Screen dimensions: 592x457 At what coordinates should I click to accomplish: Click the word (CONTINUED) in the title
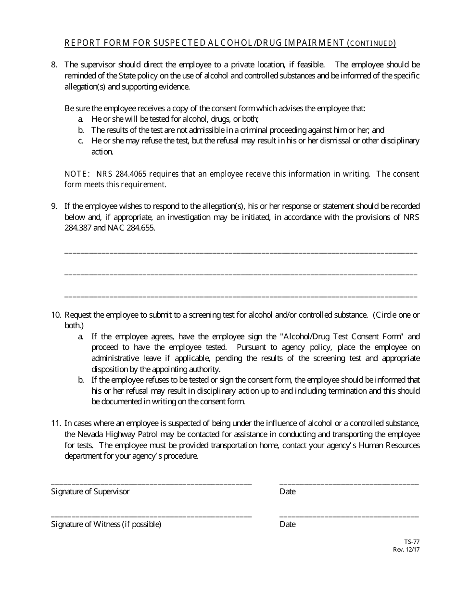[x=372, y=44]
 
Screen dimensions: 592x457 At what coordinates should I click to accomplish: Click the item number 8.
[x=54, y=64]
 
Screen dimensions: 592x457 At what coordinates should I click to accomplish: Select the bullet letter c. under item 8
[x=81, y=141]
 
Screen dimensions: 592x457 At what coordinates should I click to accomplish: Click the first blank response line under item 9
[x=241, y=252]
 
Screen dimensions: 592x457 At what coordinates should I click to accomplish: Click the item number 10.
[x=56, y=315]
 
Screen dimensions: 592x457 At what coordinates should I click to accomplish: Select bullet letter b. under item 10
[x=81, y=380]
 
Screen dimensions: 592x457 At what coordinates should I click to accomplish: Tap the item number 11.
[x=56, y=424]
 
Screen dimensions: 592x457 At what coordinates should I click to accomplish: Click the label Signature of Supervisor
[x=90, y=491]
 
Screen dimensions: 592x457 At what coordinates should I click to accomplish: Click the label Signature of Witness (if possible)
[x=106, y=524]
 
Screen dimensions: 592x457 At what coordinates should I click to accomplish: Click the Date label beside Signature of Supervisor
[x=287, y=491]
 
